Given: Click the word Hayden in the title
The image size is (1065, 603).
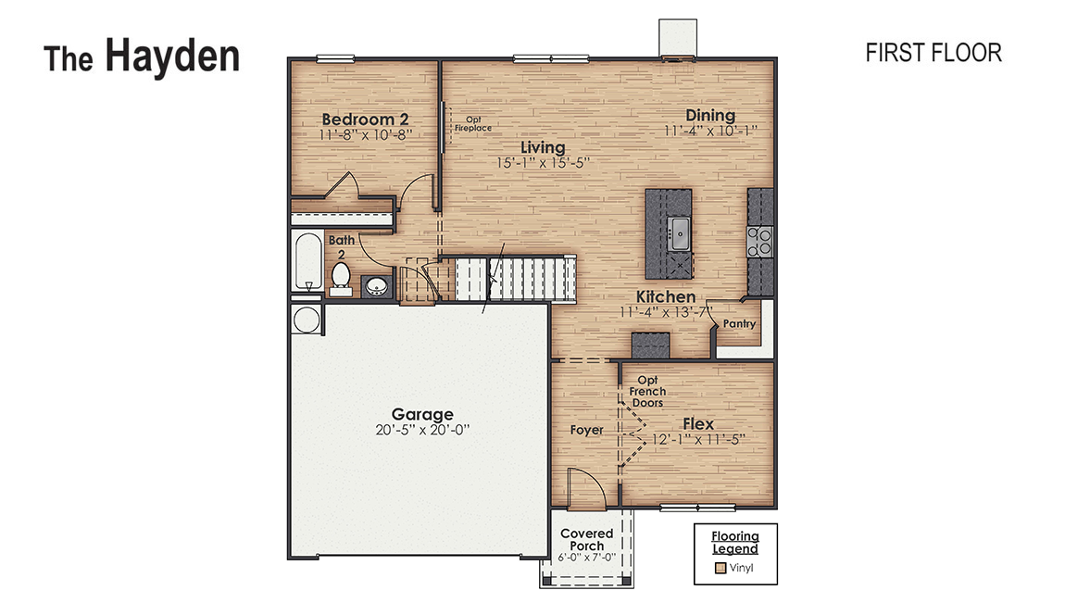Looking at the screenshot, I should click(x=172, y=56).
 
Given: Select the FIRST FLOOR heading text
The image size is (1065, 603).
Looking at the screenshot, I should click(x=933, y=53).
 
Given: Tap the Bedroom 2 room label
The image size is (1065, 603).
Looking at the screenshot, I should click(x=365, y=119).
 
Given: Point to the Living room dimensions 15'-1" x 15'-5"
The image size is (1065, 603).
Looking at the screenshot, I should click(x=543, y=162).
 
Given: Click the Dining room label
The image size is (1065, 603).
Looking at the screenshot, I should click(x=710, y=116).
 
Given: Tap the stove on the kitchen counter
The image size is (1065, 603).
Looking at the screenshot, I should click(x=760, y=241).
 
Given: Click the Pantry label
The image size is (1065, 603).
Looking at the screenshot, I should click(x=740, y=324).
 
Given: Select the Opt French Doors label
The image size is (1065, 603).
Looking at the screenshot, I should click(x=647, y=392).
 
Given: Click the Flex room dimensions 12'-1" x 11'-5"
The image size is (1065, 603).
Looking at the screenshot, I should click(x=698, y=439).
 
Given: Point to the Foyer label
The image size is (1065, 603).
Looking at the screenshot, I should click(x=586, y=430).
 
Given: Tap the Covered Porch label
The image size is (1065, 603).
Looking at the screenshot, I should click(x=587, y=539).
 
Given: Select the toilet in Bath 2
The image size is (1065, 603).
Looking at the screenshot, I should click(x=340, y=277).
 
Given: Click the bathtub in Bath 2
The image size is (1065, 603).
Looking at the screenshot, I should click(x=307, y=262).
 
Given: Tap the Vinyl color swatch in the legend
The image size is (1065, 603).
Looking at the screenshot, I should click(x=718, y=568).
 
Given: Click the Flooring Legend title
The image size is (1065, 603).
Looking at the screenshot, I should click(x=734, y=542).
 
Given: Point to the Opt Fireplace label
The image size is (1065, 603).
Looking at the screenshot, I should click(x=472, y=123).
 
